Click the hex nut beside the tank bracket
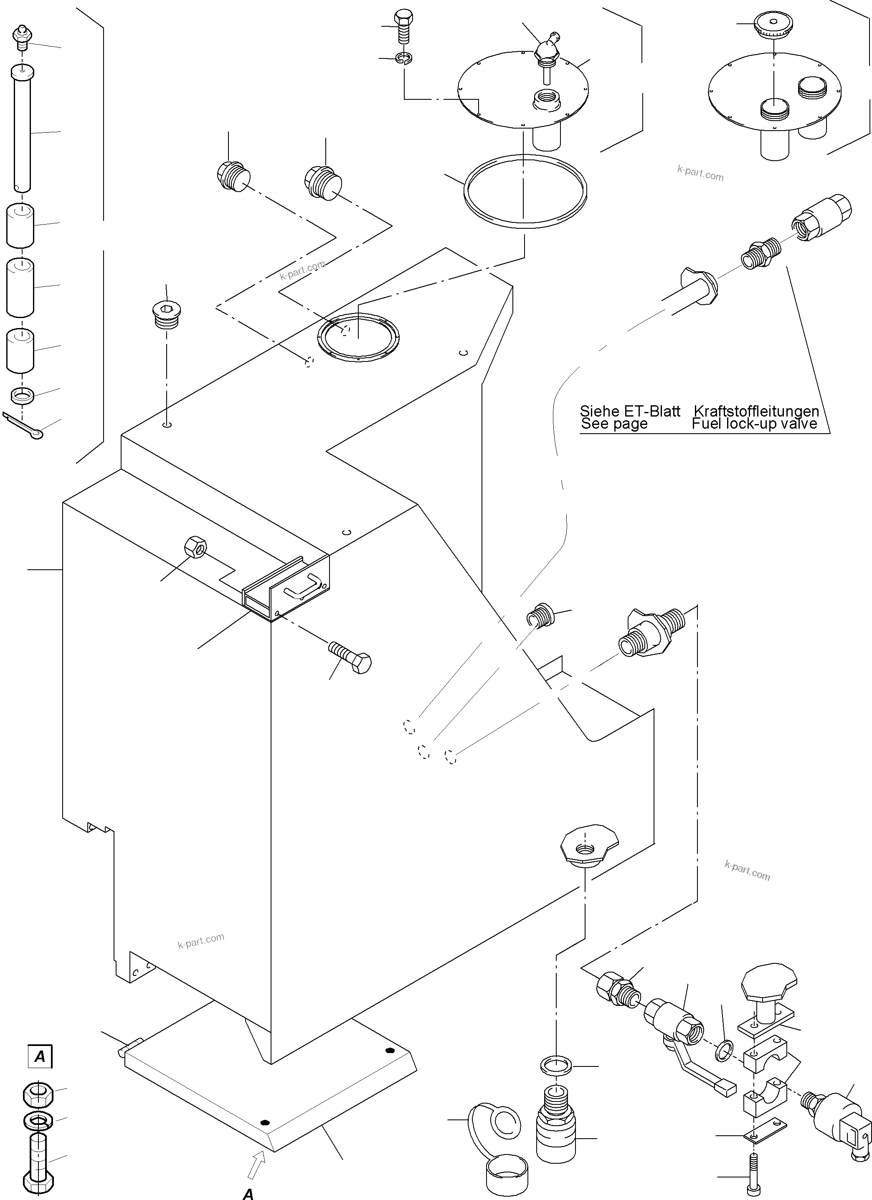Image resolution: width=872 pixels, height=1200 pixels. click(195, 548)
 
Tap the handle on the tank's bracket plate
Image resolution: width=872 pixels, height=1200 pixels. click(302, 585)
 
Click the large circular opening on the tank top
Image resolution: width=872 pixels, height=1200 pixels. click(358, 337)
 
